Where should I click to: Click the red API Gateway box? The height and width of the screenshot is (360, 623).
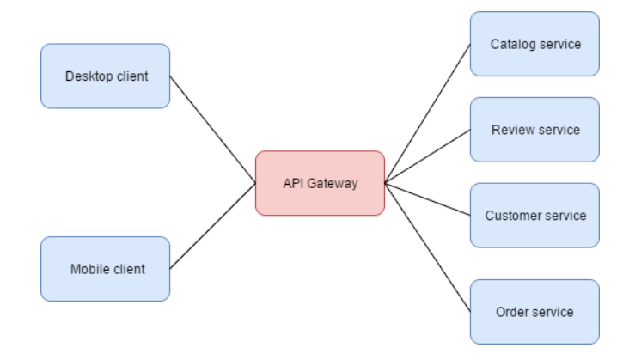tap(320, 183)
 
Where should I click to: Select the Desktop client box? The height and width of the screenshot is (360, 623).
tap(106, 76)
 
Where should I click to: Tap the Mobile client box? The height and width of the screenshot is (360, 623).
tap(106, 269)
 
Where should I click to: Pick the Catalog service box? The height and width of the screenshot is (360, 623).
tap(534, 43)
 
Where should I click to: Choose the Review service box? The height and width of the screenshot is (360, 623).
tap(534, 130)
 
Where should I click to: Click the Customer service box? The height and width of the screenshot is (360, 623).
tap(534, 215)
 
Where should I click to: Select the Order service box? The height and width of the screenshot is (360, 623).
tap(534, 311)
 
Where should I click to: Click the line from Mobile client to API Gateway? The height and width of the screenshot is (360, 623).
tap(212, 225)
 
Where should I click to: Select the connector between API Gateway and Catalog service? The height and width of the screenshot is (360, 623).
tap(427, 113)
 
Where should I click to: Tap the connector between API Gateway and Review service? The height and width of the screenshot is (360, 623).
tap(427, 156)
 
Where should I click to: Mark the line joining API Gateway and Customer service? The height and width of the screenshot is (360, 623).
tap(427, 198)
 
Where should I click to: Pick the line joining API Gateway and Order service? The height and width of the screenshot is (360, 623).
tap(427, 247)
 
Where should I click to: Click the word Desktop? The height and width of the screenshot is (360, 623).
tap(87, 76)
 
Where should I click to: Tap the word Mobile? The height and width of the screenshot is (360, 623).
tap(89, 269)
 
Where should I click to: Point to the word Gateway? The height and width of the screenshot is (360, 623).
tap(334, 183)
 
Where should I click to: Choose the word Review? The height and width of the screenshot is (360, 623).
tap(510, 130)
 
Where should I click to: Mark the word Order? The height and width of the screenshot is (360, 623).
tap(511, 311)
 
